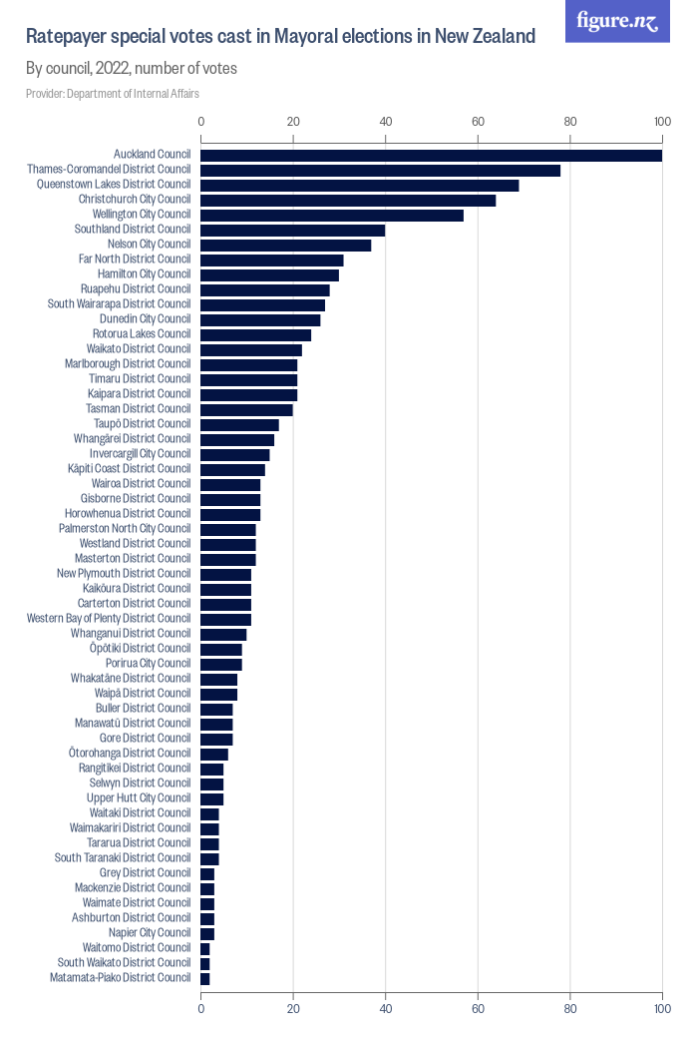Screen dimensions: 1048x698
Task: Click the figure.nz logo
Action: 618,21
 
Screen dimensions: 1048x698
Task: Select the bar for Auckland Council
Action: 431,155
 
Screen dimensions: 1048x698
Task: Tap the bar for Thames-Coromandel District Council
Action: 380,170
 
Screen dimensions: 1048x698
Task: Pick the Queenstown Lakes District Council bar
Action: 359,185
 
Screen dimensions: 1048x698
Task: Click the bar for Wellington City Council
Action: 332,215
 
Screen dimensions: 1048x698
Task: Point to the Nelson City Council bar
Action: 285,245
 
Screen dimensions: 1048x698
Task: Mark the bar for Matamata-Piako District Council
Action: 205,978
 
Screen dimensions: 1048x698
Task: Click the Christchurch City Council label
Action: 135,200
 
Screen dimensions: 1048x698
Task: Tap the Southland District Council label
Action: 133,230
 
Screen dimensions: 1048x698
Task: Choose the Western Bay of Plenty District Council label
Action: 109,619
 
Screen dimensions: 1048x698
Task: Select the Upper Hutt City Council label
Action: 139,798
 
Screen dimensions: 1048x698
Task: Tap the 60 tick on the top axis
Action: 478,122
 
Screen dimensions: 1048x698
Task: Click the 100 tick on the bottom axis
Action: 661,1010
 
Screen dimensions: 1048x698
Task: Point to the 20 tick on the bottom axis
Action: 293,1010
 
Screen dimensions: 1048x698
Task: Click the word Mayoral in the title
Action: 297,37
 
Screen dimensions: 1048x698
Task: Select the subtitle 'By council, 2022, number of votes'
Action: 131,69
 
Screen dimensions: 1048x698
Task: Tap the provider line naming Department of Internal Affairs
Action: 113,93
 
